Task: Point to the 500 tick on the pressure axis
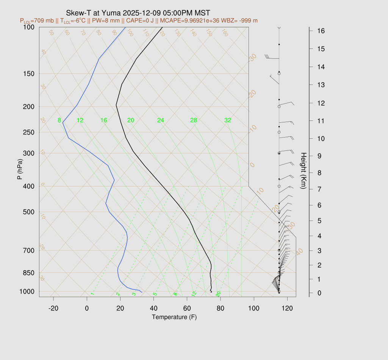[x=28, y=212]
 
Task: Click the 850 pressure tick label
[x=28, y=273]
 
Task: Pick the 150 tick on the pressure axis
[x=28, y=74]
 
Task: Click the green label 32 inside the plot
[x=228, y=121]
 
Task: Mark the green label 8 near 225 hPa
[x=59, y=121]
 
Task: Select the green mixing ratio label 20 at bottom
[x=218, y=294]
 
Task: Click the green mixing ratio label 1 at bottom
[x=92, y=294]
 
